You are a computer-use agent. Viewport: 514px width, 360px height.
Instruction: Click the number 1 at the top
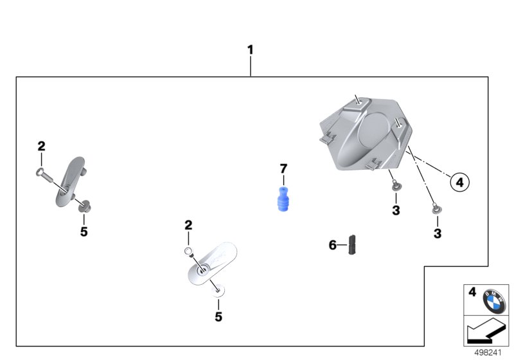[x=251, y=50]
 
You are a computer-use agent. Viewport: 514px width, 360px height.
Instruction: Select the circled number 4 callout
[x=459, y=183]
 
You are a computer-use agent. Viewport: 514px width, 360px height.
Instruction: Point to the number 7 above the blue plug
[x=283, y=169]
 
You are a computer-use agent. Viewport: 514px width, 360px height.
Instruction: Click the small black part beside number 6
[x=353, y=244]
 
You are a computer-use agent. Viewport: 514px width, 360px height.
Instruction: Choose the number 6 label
[x=333, y=245]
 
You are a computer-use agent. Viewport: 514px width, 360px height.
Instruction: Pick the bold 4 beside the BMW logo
[x=472, y=293]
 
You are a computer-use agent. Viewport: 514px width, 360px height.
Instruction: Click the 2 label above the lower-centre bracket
[x=188, y=225]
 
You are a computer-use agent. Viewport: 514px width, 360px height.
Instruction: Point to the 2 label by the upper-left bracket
[x=42, y=147]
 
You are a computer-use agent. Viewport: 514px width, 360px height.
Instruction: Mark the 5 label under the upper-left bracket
[x=84, y=231]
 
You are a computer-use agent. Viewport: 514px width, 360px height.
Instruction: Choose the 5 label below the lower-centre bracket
[x=218, y=317]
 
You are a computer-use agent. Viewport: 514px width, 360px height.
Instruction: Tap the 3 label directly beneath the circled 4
[x=438, y=234]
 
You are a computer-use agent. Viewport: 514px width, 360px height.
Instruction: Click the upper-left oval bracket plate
[x=69, y=180]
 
